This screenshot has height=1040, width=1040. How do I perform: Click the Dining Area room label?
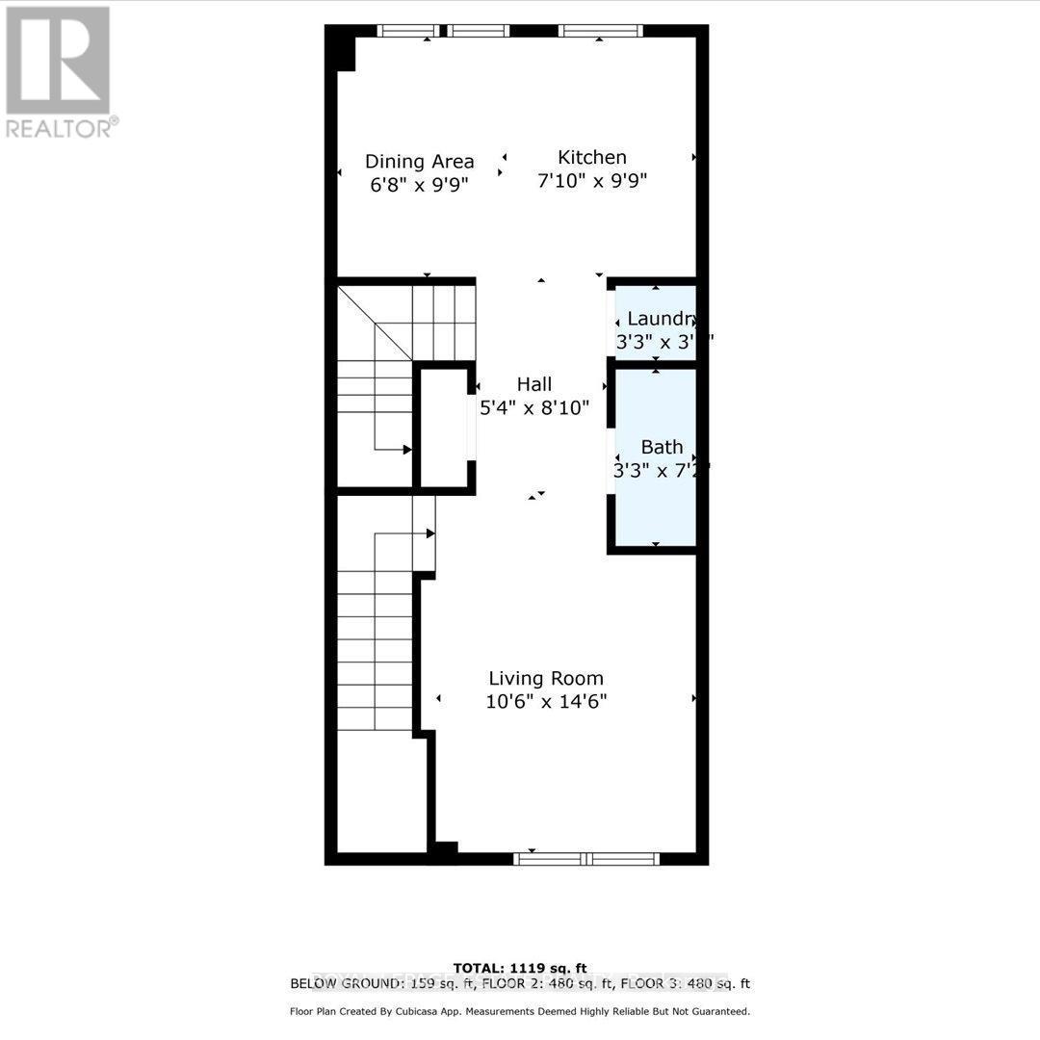419,161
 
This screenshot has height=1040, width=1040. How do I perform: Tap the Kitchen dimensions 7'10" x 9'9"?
592,180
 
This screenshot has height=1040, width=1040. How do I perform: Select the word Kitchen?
592,157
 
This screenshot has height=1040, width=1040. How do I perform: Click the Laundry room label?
661,319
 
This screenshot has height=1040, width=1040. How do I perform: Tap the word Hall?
534,384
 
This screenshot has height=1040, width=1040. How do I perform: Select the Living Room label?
545,678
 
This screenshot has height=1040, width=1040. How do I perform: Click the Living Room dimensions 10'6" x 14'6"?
545,702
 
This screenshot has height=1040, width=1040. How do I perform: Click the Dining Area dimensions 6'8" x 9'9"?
419,184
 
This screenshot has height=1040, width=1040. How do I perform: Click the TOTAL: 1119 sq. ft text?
520,968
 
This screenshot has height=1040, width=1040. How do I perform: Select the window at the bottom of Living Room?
586,857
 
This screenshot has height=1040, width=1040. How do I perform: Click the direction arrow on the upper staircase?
407,450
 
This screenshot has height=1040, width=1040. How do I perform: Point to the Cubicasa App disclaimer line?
520,1011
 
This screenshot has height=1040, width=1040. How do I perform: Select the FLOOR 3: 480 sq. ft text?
685,983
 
